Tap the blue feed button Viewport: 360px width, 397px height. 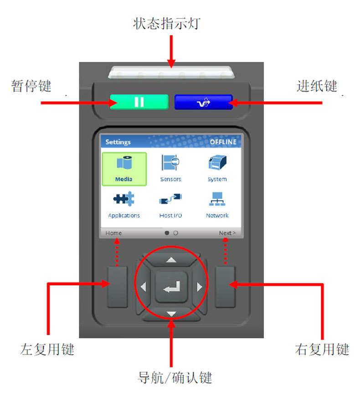pos(204,102)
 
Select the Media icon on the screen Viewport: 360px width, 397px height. pos(124,163)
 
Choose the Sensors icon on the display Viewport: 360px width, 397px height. pos(170,162)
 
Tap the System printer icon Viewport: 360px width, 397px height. pos(217,162)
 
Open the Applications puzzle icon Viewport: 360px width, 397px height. pos(124,199)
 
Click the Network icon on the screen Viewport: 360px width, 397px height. pos(217,199)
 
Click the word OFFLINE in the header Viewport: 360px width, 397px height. pos(223,142)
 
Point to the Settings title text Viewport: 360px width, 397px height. pos(118,142)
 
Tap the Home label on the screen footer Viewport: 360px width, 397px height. pos(113,233)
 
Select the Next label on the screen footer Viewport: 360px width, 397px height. pos(227,233)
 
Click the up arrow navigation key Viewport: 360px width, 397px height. pos(171,260)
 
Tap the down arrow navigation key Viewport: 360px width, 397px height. pos(171,314)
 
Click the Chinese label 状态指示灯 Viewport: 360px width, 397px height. pos(167,24)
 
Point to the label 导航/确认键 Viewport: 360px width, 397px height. pos(175,378)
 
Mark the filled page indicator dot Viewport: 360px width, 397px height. pos(167,232)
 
